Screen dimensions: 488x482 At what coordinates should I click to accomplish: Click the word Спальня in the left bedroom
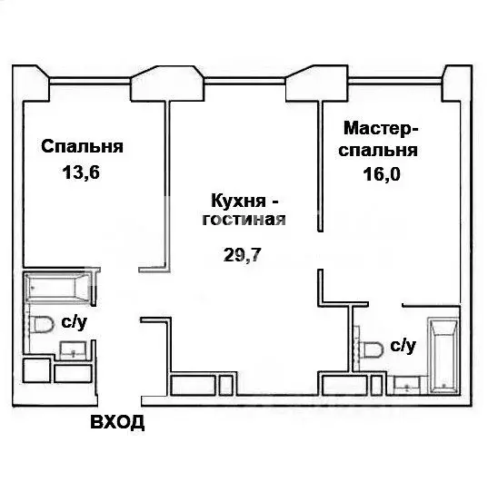[82, 146]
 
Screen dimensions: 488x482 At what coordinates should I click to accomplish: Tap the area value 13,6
[81, 172]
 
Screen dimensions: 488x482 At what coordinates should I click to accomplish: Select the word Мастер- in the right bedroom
[381, 128]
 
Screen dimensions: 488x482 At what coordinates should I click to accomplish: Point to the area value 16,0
[382, 174]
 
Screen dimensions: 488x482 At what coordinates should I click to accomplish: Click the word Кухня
[238, 201]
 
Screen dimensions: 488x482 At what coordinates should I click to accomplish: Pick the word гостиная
[244, 220]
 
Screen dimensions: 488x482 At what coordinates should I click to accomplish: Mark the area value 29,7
[242, 255]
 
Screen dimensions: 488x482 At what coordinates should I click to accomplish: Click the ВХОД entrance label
[117, 422]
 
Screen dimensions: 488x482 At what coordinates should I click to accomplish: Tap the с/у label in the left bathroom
[75, 322]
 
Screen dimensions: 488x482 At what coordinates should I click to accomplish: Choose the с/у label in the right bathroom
[403, 346]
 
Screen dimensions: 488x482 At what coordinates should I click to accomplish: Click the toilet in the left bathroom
[41, 324]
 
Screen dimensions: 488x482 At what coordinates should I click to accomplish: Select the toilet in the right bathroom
[371, 349]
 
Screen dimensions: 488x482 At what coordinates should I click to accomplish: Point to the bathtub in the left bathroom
[57, 288]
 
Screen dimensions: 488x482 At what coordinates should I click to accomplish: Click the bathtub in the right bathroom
[443, 356]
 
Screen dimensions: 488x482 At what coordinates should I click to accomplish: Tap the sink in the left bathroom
[73, 350]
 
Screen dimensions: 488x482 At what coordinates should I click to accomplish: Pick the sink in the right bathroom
[407, 385]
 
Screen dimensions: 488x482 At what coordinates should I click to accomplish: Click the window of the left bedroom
[90, 81]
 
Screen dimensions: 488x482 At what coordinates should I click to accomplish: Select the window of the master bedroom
[395, 81]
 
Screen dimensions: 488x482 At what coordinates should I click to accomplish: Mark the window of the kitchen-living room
[244, 81]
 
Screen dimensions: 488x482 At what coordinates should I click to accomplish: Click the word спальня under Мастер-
[378, 151]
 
